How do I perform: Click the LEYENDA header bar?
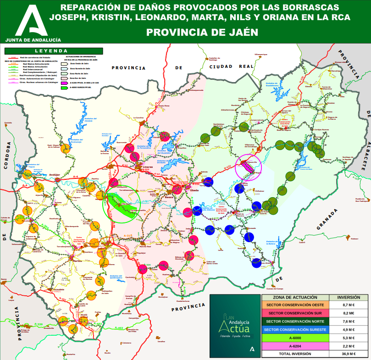[x=51, y=50]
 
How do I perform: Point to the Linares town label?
[x=147, y=166]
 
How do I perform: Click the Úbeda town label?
[x=194, y=189]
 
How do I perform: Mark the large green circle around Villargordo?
[x=122, y=204]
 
